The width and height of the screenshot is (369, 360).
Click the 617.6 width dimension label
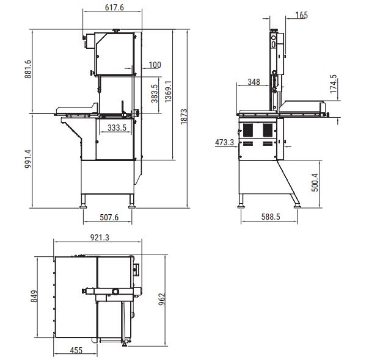(x=114, y=7)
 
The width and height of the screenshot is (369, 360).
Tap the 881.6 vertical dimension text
(x=27, y=69)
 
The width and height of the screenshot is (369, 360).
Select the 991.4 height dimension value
(x=27, y=159)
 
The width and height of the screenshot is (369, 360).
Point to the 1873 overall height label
(x=184, y=117)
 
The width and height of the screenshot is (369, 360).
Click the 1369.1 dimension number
(x=168, y=92)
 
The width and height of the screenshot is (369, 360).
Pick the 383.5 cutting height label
(x=155, y=93)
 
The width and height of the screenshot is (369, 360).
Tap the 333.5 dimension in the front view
(x=117, y=128)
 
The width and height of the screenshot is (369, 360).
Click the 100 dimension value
(x=155, y=65)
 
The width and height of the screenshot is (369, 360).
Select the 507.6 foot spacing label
(x=109, y=217)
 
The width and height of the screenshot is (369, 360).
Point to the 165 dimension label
(x=301, y=15)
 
